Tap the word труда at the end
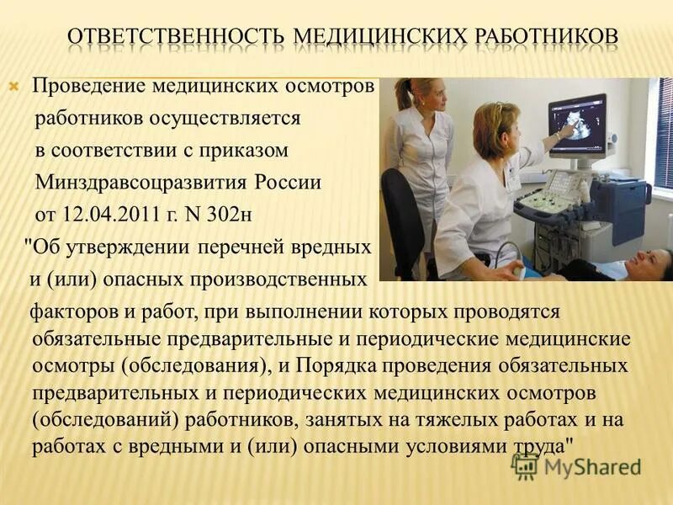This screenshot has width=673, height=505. pos(533,445)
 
